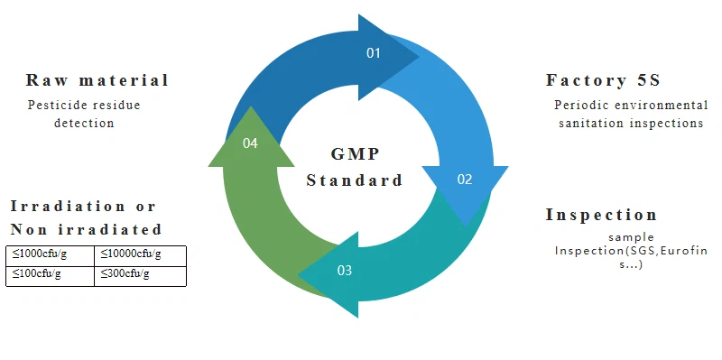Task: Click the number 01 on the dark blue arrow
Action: pyautogui.click(x=374, y=53)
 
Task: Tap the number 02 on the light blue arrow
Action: pyautogui.click(x=465, y=180)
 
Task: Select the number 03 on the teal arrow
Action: pyautogui.click(x=345, y=270)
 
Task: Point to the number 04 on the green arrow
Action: pyautogui.click(x=251, y=143)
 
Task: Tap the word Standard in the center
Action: pyautogui.click(x=354, y=180)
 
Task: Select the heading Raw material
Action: pyautogui.click(x=97, y=80)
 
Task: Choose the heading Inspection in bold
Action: pyautogui.click(x=602, y=215)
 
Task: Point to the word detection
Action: pyautogui.click(x=84, y=123)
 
